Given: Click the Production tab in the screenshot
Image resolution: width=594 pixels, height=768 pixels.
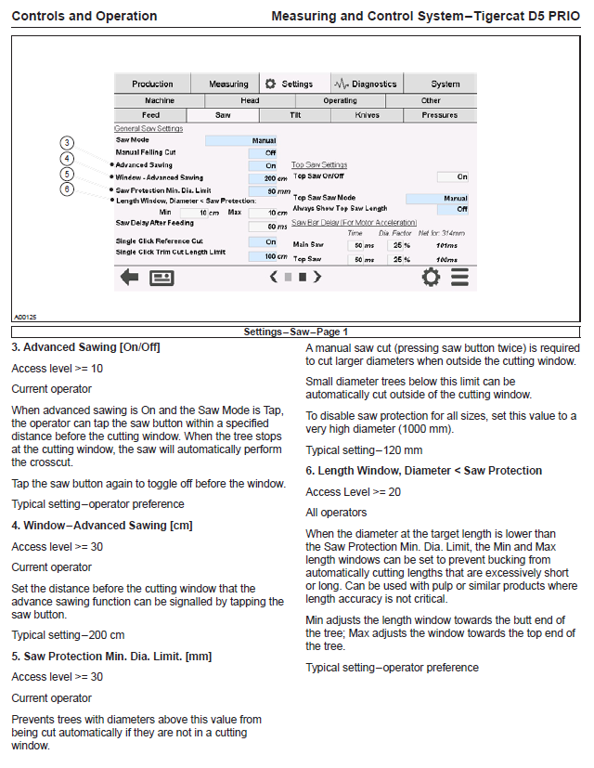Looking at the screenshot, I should [x=152, y=84].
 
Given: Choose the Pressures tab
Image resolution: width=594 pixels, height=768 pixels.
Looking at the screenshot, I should [x=439, y=115].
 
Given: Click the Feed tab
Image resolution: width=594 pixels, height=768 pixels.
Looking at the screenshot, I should [x=150, y=115].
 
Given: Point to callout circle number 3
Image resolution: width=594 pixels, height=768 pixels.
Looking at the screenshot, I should [x=67, y=142].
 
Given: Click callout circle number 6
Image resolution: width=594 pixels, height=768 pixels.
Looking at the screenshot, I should [x=67, y=189].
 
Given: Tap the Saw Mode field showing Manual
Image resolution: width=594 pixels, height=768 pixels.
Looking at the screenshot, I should [x=241, y=140].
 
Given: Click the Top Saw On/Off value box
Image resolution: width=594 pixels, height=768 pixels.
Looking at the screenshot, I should [x=453, y=176].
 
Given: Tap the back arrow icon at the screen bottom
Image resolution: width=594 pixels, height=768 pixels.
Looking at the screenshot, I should [x=130, y=277].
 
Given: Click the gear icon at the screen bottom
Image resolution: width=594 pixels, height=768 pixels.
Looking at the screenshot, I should [x=431, y=277].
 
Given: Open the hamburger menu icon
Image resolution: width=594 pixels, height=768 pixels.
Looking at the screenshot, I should [x=459, y=277].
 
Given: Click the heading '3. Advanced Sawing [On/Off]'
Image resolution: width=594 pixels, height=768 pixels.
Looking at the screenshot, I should [x=85, y=347].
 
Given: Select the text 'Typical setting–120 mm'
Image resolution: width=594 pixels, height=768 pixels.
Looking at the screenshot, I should [x=364, y=450].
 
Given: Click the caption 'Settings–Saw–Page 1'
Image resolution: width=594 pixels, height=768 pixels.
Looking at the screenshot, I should [x=296, y=332].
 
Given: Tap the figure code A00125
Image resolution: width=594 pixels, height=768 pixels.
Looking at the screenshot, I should [x=25, y=317].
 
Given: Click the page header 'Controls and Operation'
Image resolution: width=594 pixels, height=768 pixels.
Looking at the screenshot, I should [x=84, y=16].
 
